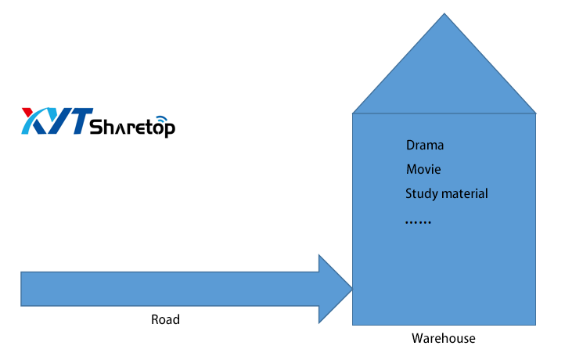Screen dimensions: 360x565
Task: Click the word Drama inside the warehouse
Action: coord(425,146)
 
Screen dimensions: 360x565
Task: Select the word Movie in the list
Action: coord(423,169)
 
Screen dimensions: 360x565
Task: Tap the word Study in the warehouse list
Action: coord(420,194)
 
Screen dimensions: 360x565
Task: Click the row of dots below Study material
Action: coord(418,223)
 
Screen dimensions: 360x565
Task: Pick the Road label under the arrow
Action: coord(165,319)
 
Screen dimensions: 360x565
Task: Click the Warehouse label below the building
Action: coord(443,338)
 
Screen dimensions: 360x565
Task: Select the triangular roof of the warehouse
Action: coord(444,78)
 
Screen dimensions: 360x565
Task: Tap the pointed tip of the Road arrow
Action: coord(351,289)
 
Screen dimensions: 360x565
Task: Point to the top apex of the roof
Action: coord(444,15)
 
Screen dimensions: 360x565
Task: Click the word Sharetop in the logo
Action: coord(133,127)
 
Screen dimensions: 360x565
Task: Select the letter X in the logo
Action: coord(35,121)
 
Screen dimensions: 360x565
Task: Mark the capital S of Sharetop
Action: coord(96,127)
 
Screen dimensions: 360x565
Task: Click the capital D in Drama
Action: coord(411,146)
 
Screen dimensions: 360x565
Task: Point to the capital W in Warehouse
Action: coord(417,338)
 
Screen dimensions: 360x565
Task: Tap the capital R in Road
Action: coord(155,319)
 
